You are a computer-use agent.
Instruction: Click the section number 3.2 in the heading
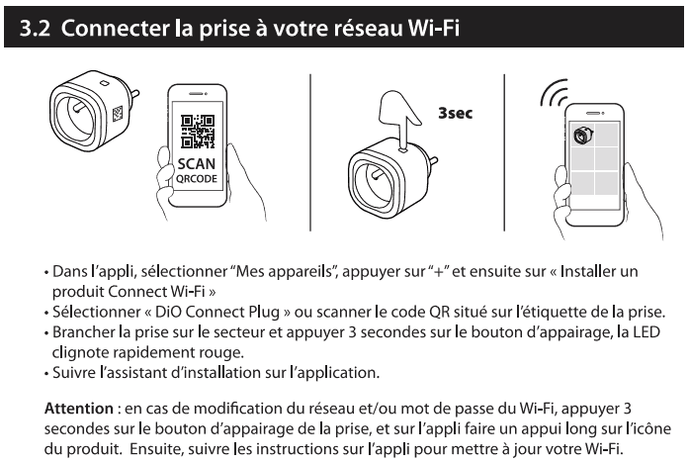coord(35,28)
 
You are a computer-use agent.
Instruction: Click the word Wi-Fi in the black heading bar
coord(434,28)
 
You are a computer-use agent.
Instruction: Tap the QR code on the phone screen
coord(198,131)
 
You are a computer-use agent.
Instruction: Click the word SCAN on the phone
coord(197,164)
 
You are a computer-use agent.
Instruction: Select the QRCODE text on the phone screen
coord(197,179)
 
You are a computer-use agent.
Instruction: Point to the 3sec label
coord(456,113)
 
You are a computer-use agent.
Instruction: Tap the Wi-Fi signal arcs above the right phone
coord(554,93)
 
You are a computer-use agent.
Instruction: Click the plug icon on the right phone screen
coord(583,135)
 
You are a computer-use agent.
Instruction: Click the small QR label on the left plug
coord(118,115)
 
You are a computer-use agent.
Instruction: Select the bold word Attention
coord(79,409)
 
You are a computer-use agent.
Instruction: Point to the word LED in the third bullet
coord(646,332)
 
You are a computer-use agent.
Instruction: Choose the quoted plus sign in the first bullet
coord(438,272)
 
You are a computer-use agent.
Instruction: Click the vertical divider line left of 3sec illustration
coord(310,152)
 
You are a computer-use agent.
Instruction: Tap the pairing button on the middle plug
coord(403,150)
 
